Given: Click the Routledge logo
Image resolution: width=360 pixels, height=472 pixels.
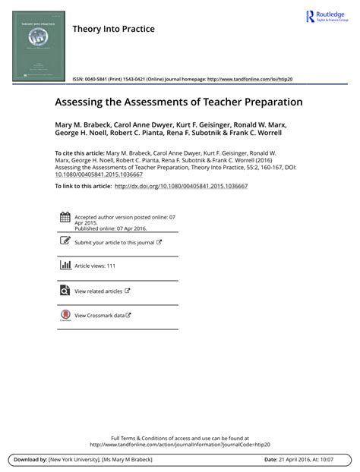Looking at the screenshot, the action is pyautogui.click(x=326, y=17).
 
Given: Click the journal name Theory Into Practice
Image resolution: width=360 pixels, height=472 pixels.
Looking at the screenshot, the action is pyautogui.click(x=113, y=29).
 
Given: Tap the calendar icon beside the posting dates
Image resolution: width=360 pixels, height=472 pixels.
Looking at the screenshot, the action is pyautogui.click(x=65, y=218).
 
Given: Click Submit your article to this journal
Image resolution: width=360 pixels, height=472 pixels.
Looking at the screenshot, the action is pyautogui.click(x=114, y=243).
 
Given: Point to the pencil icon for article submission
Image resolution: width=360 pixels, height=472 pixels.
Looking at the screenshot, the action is pyautogui.click(x=65, y=241).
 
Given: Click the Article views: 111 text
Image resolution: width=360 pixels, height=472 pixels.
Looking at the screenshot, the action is pyautogui.click(x=95, y=266).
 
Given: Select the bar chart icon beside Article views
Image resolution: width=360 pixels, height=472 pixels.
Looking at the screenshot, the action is pyautogui.click(x=65, y=266).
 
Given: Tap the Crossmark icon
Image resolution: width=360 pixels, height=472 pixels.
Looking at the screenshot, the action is pyautogui.click(x=65, y=315).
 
